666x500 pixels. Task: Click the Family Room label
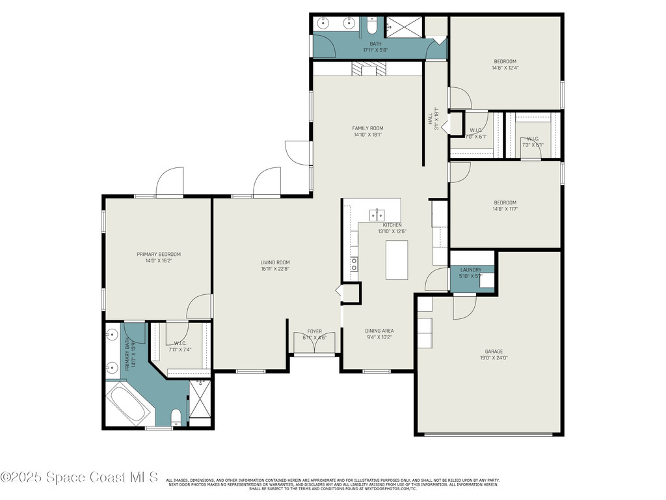pos(367,128)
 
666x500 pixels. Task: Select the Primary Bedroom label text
pos(158,255)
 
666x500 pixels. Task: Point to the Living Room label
pos(274,262)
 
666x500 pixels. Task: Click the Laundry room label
pos(470,270)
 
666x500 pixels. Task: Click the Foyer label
pos(314,331)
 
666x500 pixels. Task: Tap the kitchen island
pos(397,260)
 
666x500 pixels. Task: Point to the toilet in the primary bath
pos(176,417)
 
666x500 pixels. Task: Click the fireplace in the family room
pos(368,69)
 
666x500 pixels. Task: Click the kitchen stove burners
pos(354,264)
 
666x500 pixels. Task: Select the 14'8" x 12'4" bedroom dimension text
pos(505,68)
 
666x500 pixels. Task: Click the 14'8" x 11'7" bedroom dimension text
pos(505,209)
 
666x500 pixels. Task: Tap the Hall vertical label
pos(433,118)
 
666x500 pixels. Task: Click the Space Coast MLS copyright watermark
pos(79,477)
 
